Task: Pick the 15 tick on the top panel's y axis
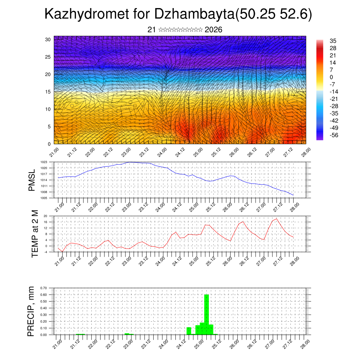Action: click(x=48, y=92)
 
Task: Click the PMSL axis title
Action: click(x=32, y=180)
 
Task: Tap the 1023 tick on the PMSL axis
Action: click(x=44, y=162)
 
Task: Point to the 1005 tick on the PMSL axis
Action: click(x=44, y=198)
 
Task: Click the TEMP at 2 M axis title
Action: click(x=34, y=234)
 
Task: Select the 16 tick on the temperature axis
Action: click(x=45, y=222)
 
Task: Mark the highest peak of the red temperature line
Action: click(x=277, y=219)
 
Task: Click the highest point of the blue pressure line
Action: click(x=130, y=162)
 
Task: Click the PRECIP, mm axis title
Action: click(x=32, y=311)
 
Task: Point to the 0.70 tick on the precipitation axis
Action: click(x=44, y=288)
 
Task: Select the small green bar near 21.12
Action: click(x=81, y=334)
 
